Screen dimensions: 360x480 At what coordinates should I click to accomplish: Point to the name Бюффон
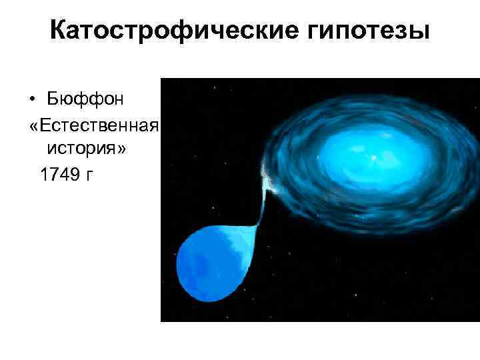pyautogui.click(x=85, y=99)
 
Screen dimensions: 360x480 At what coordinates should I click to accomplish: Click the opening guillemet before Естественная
pyautogui.click(x=34, y=125)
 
